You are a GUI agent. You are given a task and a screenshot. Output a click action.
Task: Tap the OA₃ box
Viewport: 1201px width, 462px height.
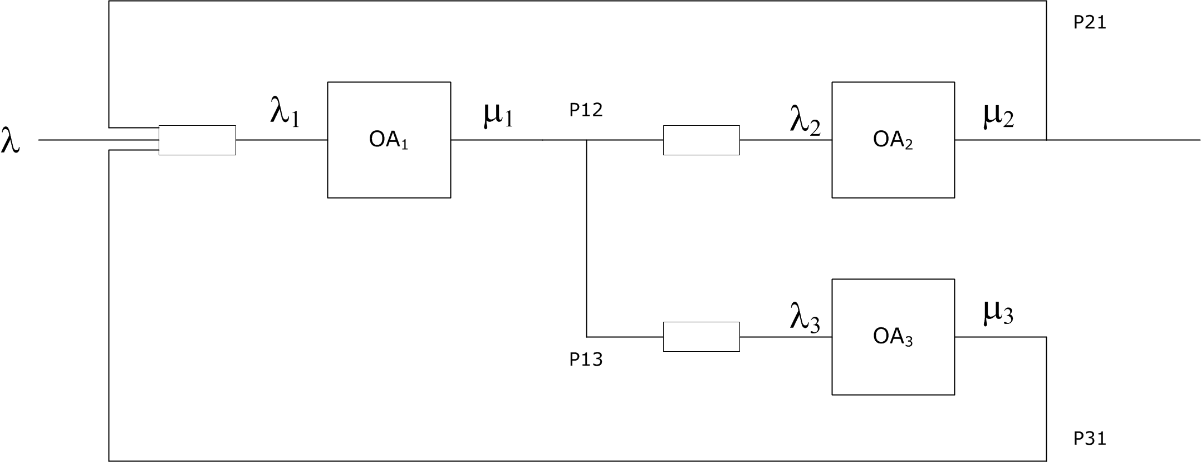click(x=893, y=367)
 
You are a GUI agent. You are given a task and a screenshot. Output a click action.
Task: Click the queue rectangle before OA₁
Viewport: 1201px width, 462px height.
click(x=197, y=140)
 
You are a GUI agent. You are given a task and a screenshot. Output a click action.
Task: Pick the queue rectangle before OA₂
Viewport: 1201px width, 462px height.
click(x=701, y=140)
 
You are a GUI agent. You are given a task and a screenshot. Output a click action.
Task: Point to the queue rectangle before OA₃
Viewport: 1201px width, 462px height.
click(x=701, y=337)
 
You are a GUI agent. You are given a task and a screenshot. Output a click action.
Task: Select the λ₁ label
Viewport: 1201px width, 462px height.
click(x=285, y=112)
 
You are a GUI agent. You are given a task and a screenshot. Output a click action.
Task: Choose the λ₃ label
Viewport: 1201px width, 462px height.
click(x=805, y=318)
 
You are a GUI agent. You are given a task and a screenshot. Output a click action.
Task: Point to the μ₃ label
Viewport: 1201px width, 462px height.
click(x=998, y=313)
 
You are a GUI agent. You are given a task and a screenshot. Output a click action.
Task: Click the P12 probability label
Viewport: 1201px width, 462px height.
click(x=586, y=110)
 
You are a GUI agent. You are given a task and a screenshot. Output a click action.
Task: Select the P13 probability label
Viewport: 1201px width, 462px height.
click(x=586, y=360)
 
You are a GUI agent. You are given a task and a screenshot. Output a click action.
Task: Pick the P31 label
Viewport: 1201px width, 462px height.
click(x=1090, y=439)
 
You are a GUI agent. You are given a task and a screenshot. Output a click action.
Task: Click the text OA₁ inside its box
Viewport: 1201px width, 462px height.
click(x=389, y=140)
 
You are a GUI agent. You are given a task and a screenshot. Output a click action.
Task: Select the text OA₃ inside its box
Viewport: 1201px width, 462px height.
click(x=893, y=337)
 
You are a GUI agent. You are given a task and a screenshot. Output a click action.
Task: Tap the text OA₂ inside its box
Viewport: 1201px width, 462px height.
click(x=893, y=140)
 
